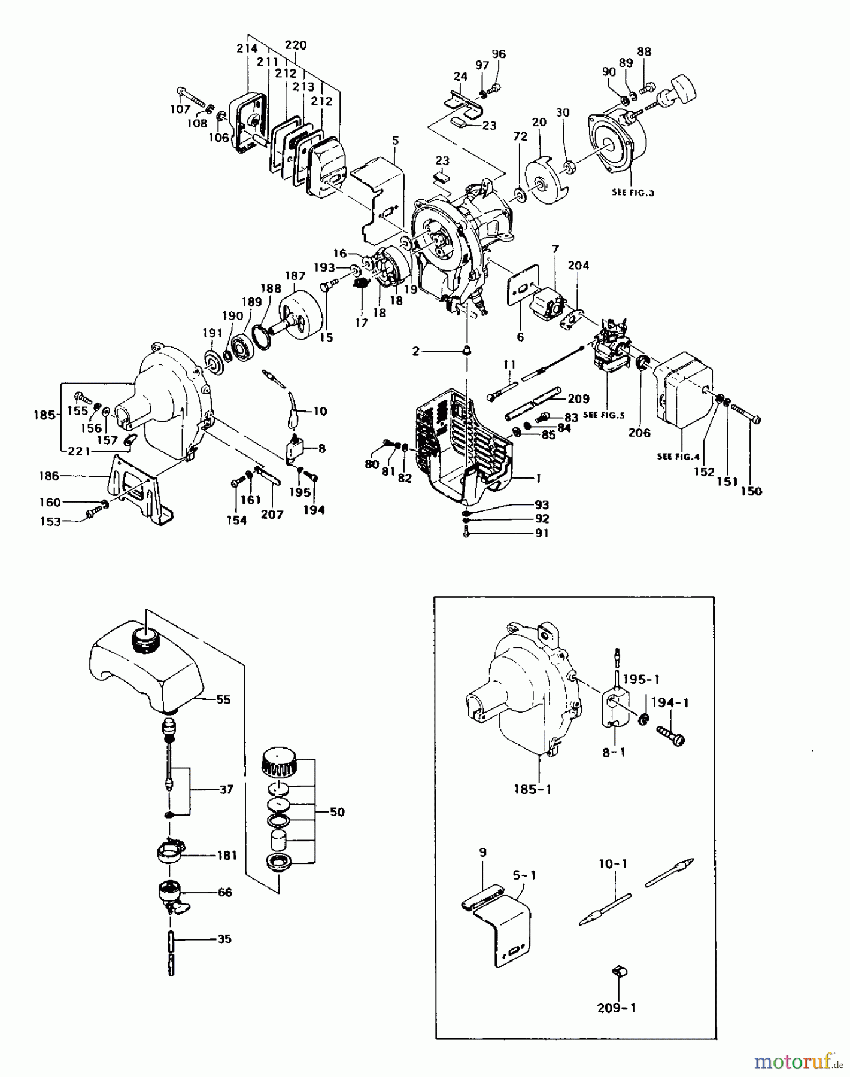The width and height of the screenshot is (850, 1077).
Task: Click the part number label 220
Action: point(295,45)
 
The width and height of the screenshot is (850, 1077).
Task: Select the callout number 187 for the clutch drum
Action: point(295,276)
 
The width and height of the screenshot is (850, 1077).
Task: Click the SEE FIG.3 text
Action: point(633,193)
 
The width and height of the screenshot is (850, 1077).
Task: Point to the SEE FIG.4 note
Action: point(678,457)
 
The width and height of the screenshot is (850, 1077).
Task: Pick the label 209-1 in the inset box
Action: point(616,1008)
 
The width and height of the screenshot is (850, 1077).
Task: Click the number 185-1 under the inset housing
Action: point(532,789)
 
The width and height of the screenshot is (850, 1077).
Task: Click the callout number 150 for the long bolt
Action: point(751,491)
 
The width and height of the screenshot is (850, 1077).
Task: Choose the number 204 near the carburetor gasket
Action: point(578,266)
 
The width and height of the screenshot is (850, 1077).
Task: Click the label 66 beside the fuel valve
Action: point(224,892)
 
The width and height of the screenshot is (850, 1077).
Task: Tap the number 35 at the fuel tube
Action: point(224,939)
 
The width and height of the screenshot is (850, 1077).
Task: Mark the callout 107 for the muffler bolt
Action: point(180,109)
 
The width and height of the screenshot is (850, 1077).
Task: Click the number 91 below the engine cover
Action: point(541,533)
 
